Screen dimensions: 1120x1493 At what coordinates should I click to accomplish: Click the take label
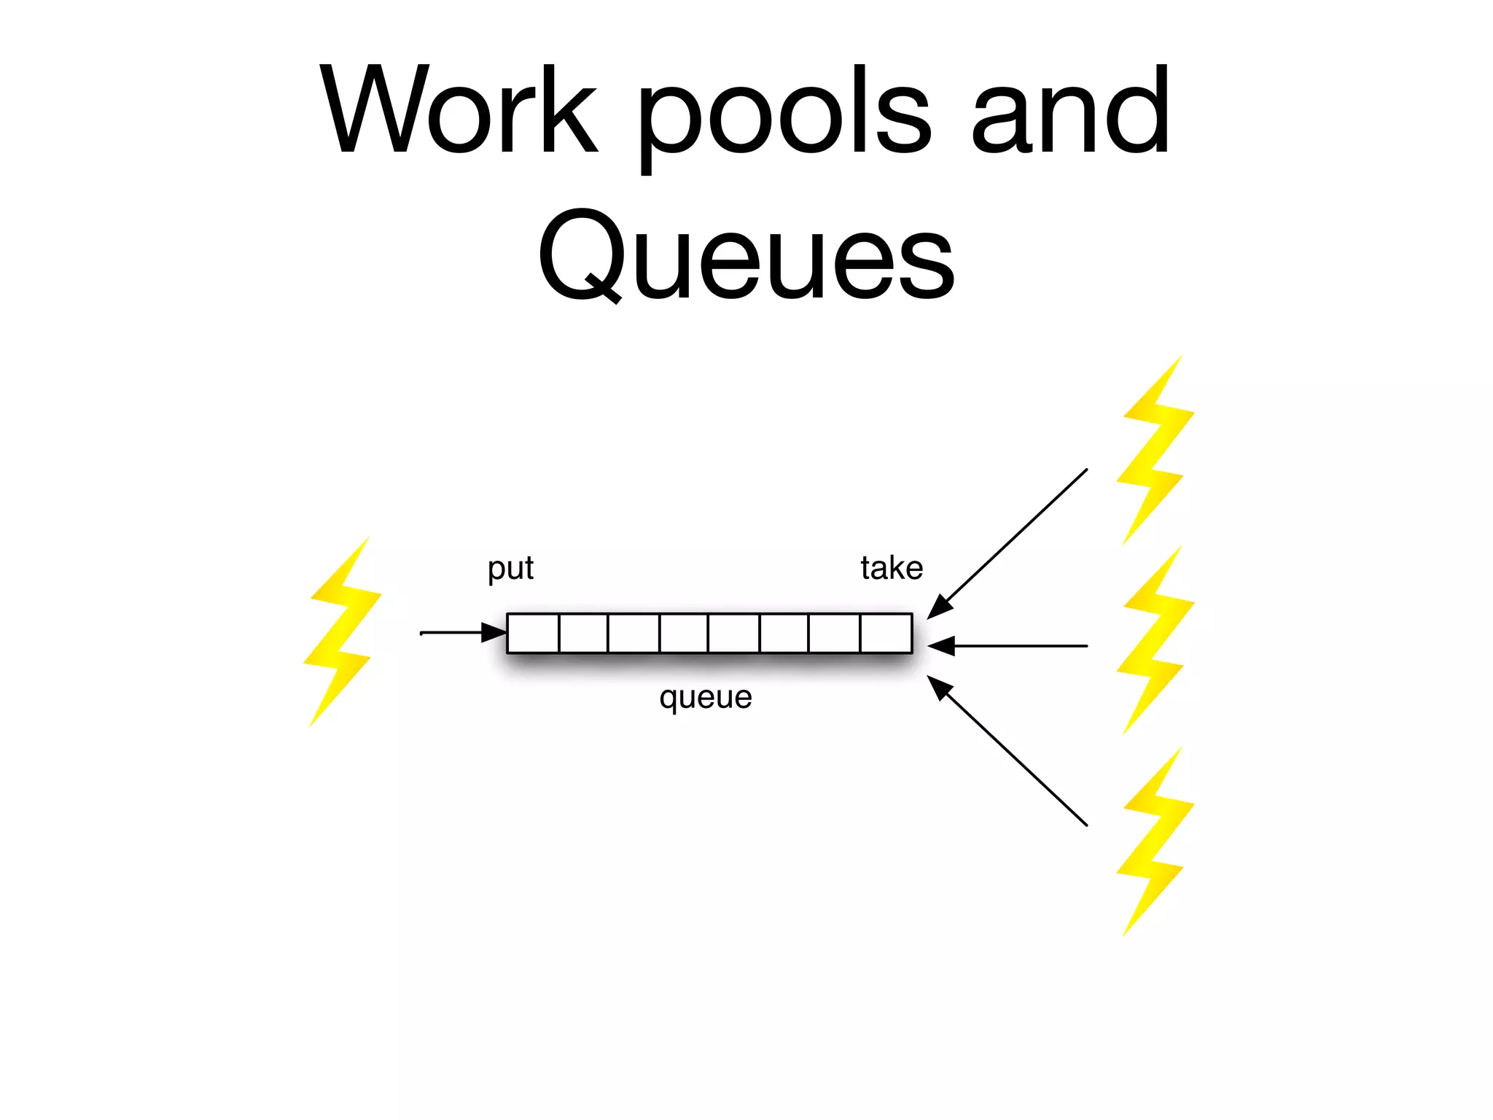pos(891,568)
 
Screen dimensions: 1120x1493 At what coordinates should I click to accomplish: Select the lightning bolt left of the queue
pos(342,633)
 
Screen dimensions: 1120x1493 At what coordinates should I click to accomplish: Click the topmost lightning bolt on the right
pos(1155,451)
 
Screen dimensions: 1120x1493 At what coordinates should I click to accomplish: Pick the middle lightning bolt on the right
pos(1155,640)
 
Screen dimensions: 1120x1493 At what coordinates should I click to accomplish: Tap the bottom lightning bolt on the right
pos(1155,841)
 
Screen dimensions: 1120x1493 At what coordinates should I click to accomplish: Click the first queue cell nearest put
pos(533,634)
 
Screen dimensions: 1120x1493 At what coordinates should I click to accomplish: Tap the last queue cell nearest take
pos(886,634)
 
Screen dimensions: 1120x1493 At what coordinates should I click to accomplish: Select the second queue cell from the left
pos(583,634)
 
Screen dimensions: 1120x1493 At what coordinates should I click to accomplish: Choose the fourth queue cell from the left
pos(684,634)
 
